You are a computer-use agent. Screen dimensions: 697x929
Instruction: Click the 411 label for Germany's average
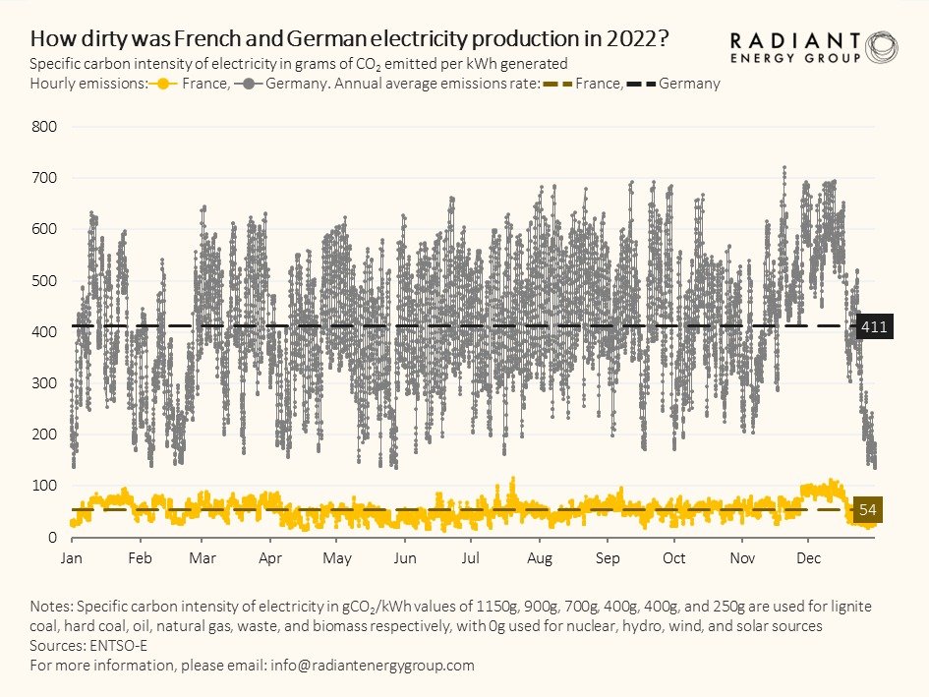873,326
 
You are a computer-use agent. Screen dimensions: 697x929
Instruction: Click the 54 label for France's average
868,510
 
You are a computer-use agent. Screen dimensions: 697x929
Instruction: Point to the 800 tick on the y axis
46,127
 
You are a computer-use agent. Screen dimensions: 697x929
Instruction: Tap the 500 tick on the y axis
46,280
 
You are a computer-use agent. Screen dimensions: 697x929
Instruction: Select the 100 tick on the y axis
46,486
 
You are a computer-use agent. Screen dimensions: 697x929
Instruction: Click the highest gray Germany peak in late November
784,168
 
